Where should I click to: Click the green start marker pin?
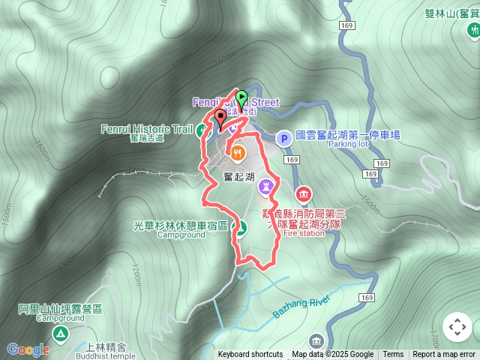pyautogui.click(x=241, y=98)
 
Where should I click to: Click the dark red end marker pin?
pyautogui.click(x=220, y=117)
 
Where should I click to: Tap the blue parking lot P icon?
pyautogui.click(x=283, y=138)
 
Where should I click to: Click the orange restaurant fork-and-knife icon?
pyautogui.click(x=238, y=154)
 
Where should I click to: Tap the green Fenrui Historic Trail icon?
pyautogui.click(x=202, y=131)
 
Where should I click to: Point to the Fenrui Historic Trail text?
pyautogui.click(x=147, y=129)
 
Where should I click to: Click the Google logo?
pyautogui.click(x=28, y=349)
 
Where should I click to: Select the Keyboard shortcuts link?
pyautogui.click(x=250, y=355)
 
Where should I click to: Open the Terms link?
pyautogui.click(x=393, y=355)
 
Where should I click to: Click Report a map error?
pyautogui.click(x=444, y=355)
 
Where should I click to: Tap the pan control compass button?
pyautogui.click(x=457, y=327)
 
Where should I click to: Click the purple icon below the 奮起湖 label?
pyautogui.click(x=265, y=185)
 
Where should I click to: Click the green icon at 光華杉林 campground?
pyautogui.click(x=241, y=227)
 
